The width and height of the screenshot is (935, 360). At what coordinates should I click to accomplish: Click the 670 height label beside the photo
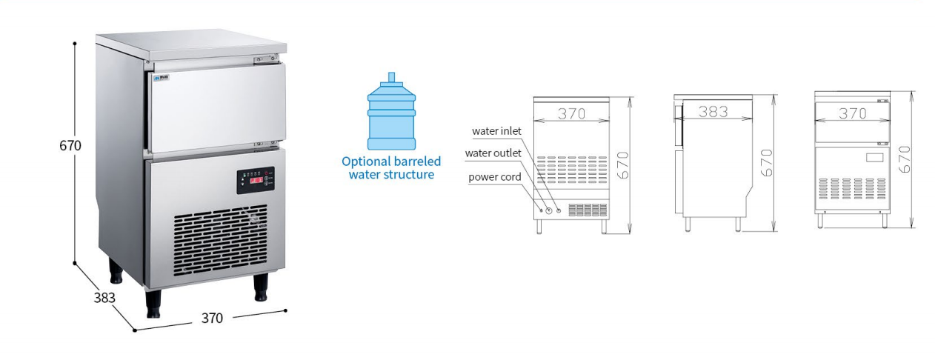(x=70, y=145)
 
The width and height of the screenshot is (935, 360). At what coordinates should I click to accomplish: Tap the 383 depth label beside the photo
(x=104, y=298)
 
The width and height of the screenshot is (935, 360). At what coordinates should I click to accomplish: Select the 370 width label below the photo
(x=212, y=319)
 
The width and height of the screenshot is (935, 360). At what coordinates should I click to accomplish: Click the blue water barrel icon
(x=391, y=111)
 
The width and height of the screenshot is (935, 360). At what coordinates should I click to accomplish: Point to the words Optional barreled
(x=391, y=161)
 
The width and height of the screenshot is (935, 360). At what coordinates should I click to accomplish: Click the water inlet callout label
(x=496, y=131)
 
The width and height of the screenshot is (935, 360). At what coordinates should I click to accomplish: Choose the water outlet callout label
(x=493, y=153)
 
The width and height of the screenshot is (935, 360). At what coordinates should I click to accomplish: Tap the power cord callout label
(x=495, y=177)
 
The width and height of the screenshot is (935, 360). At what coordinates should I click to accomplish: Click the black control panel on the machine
(x=256, y=180)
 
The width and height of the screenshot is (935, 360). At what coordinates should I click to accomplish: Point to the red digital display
(x=256, y=181)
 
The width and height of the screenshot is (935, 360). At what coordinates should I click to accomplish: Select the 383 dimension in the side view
(x=713, y=112)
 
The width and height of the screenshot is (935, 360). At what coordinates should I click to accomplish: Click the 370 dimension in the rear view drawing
(x=572, y=113)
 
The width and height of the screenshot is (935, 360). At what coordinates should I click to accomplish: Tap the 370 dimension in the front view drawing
(x=852, y=113)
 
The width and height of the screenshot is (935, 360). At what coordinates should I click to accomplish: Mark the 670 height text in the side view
(x=767, y=163)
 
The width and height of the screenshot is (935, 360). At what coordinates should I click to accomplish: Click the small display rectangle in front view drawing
(x=874, y=158)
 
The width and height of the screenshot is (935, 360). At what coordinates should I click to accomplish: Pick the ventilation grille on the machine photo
(x=220, y=239)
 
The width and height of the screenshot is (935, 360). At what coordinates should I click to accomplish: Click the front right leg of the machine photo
(x=261, y=287)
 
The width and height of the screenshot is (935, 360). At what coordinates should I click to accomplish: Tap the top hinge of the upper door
(x=266, y=60)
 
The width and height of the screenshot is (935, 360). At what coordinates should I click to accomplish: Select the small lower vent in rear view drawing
(x=588, y=210)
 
